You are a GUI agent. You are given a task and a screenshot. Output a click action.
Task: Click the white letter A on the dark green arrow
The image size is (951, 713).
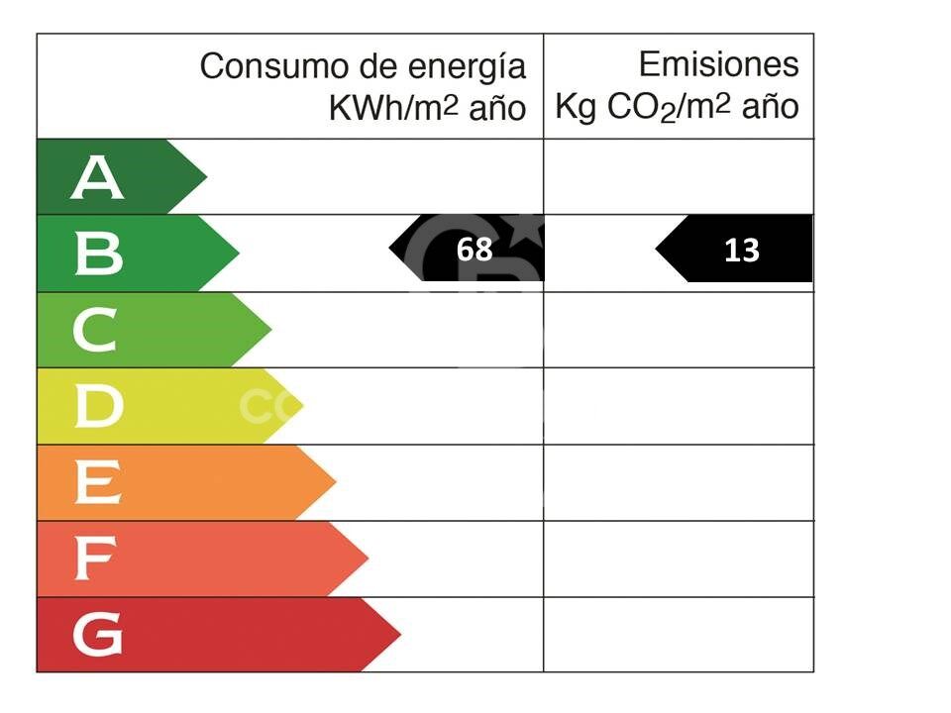click(x=97, y=178)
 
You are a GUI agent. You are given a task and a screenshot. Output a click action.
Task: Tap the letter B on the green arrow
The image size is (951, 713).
click(x=98, y=255)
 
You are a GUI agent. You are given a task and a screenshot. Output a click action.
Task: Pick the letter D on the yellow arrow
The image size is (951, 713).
click(x=99, y=407)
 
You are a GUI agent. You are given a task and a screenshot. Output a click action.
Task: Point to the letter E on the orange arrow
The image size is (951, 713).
click(x=97, y=483)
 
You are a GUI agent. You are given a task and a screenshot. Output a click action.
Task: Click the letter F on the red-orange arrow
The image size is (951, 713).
click(x=96, y=560)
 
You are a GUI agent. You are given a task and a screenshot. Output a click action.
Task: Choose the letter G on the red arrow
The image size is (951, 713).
click(x=98, y=636)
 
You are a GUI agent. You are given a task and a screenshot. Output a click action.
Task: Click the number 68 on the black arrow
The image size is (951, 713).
click(x=475, y=251)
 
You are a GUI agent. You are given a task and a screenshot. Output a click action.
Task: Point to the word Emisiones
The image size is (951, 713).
click(x=718, y=64)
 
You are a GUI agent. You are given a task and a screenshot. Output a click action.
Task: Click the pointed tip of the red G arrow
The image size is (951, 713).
click(x=400, y=635)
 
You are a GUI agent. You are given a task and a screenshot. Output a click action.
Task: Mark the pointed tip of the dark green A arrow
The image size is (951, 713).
click(x=206, y=177)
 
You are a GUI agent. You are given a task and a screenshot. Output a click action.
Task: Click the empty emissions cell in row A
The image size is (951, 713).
click(x=679, y=176)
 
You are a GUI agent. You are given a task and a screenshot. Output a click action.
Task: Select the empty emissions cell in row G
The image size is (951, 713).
click(x=679, y=635)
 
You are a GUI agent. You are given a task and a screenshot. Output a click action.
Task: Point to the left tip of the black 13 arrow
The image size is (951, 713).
click(x=657, y=250)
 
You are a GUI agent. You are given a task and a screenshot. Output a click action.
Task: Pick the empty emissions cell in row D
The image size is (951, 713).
click(x=679, y=406)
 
